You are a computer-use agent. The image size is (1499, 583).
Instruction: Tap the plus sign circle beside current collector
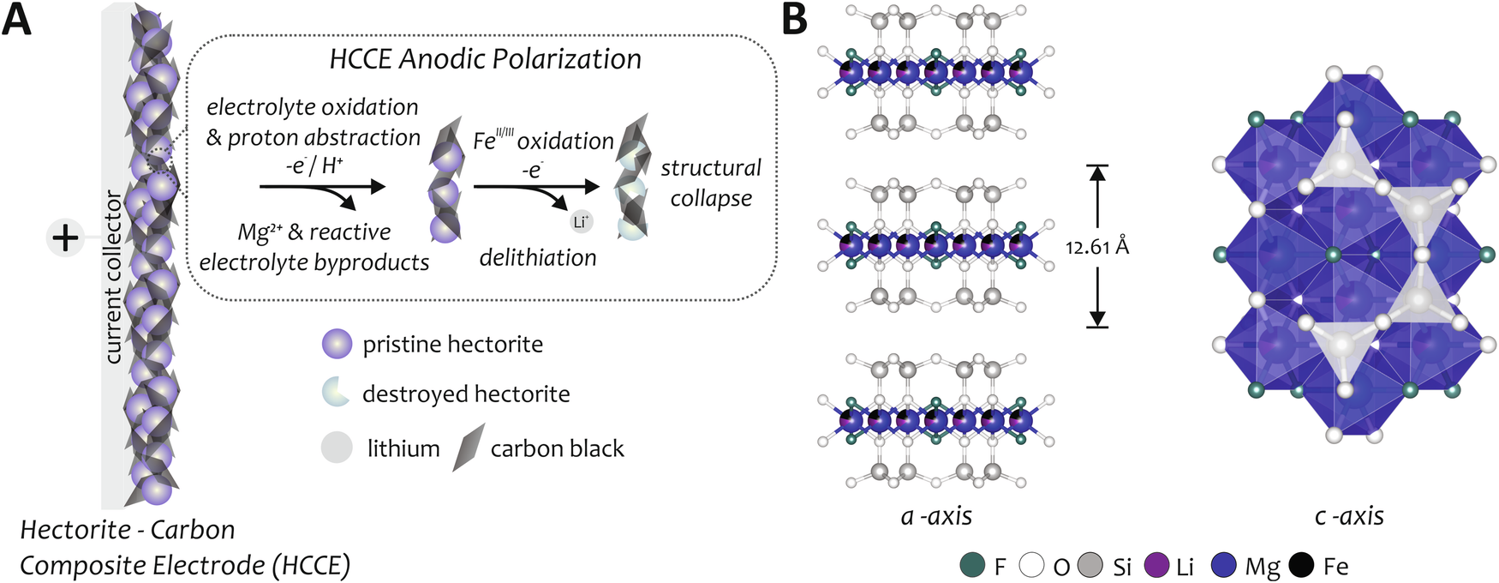65,237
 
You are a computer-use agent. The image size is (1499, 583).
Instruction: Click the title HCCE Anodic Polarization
485,59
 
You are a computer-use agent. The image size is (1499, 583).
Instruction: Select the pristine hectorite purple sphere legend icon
337,344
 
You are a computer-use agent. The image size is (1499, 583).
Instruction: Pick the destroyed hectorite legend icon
336,393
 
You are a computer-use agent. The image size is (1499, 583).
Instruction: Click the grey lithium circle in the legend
337,448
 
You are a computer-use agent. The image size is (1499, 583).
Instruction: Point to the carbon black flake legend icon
469,448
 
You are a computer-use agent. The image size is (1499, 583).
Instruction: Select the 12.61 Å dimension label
1097,248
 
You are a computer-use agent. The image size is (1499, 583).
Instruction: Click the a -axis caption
936,516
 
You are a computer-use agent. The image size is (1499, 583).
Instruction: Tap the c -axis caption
1349,516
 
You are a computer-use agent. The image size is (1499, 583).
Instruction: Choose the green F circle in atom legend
973,566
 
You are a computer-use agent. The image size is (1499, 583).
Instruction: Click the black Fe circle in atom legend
1302,566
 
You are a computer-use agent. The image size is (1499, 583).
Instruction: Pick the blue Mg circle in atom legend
1224,566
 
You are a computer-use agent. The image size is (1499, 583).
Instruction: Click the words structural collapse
710,183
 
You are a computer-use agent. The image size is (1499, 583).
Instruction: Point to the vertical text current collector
112,277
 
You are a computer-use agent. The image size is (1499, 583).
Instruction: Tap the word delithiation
538,257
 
